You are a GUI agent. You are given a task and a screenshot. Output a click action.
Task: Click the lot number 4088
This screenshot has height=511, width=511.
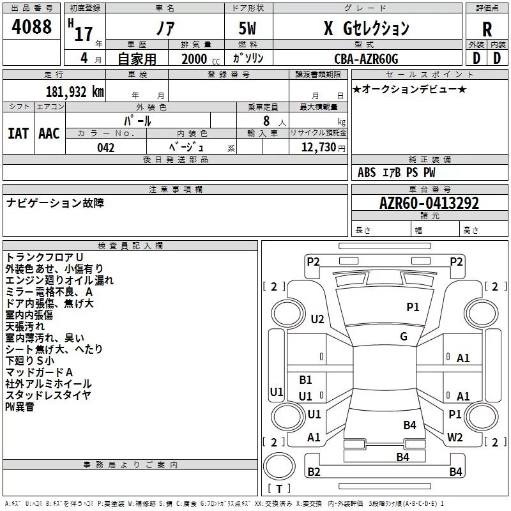pyautogui.click(x=32, y=27)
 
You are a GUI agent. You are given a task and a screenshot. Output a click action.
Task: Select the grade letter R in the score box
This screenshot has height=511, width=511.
pyautogui.click(x=487, y=29)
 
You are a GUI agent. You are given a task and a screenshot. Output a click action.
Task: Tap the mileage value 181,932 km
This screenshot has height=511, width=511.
pyautogui.click(x=75, y=91)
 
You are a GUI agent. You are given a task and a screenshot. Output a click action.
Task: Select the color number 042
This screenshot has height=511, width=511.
pyautogui.click(x=106, y=148)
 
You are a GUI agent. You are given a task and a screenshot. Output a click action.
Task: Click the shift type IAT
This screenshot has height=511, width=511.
pyautogui.click(x=18, y=133)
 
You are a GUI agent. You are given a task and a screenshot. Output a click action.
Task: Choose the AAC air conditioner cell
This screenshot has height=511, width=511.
pyautogui.click(x=49, y=133)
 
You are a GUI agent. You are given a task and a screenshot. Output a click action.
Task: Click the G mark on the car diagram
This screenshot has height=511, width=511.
pyautogui.click(x=404, y=337)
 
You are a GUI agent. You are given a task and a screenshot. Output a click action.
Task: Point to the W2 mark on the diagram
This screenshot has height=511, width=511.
pyautogui.click(x=455, y=438)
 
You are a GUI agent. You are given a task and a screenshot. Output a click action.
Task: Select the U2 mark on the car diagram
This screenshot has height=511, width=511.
pyautogui.click(x=317, y=319)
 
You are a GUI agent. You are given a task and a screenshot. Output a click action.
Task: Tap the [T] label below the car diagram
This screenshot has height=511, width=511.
pyautogui.click(x=279, y=489)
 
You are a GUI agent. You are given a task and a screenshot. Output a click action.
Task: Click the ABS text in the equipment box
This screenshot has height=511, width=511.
pyautogui.click(x=367, y=172)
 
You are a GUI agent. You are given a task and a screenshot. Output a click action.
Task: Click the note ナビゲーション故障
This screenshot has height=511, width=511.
pyautogui.click(x=55, y=203)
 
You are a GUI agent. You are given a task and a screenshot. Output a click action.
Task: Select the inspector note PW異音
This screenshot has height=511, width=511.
pyautogui.click(x=20, y=407)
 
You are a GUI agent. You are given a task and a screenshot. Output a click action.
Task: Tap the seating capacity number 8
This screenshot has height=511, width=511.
pyautogui.click(x=266, y=120)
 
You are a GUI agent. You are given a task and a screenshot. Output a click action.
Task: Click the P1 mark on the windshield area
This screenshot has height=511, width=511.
pyautogui.click(x=413, y=307)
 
